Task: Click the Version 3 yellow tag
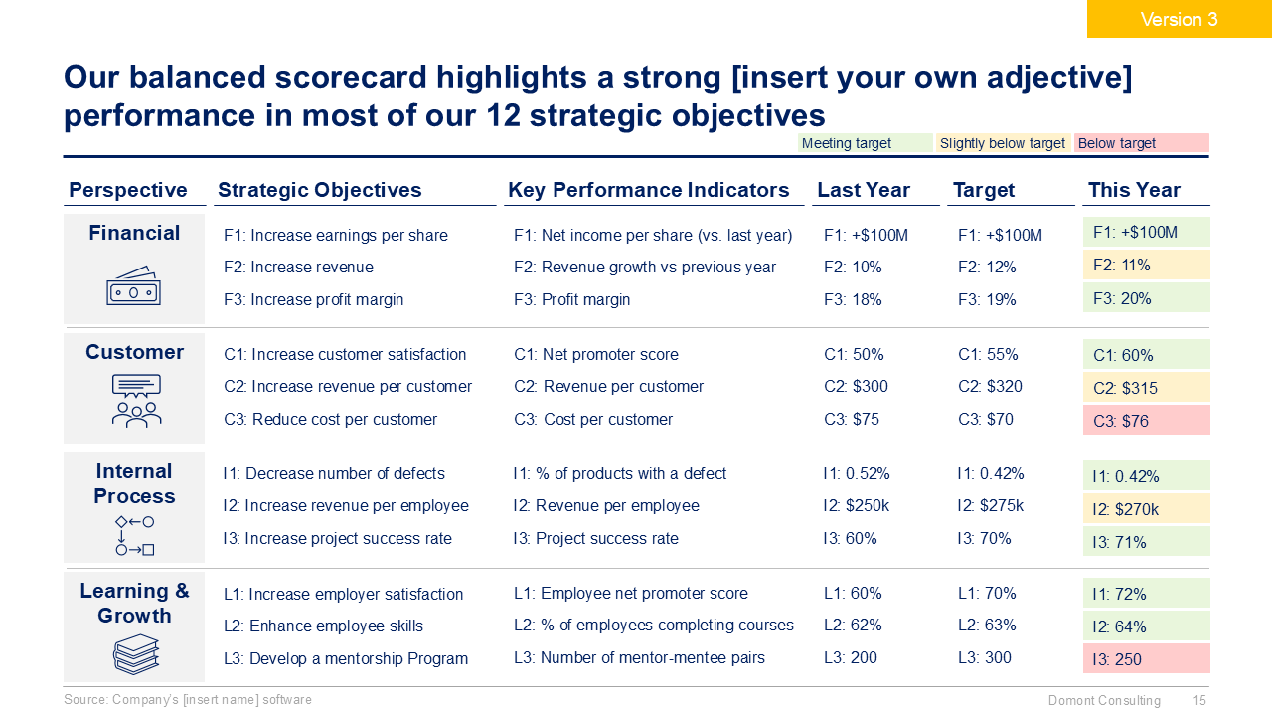1179,19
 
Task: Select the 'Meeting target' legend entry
865,143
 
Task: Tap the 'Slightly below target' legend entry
1003,143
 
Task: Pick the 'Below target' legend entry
1141,143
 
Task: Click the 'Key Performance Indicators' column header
648,190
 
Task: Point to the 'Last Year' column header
863,190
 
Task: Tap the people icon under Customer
136,402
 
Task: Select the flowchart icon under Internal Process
134,535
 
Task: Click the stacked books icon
136,654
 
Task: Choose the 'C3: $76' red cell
1146,421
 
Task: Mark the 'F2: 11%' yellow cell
1146,266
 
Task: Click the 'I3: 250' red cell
1146,659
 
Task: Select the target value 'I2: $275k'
990,505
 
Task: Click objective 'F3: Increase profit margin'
313,299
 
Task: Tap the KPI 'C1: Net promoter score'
595,354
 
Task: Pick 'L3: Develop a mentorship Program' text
345,658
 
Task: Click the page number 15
1199,701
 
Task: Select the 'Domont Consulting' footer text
1104,701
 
